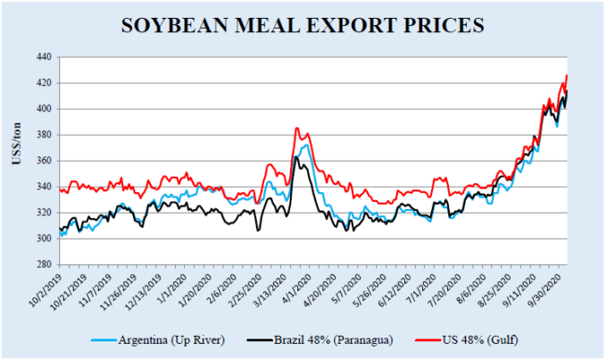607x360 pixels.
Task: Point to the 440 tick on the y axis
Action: (43, 57)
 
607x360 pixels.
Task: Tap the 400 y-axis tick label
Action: (43, 109)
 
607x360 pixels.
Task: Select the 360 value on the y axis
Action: (43, 161)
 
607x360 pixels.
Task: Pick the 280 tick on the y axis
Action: (43, 265)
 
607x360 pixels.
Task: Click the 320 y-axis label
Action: (43, 213)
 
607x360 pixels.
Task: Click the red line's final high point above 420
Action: (567, 75)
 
